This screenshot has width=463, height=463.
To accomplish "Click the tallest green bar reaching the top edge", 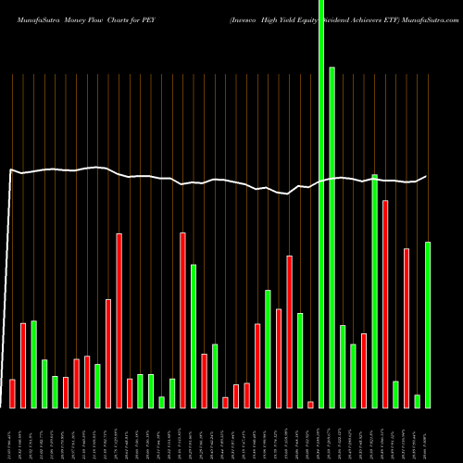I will [x=321, y=204].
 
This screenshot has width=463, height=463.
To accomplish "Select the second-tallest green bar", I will [x=332, y=236].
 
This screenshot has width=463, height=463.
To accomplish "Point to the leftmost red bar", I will [x=12, y=394].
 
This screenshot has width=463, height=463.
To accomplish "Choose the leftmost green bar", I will [x=33, y=364].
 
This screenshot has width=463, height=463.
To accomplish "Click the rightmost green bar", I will [x=428, y=324].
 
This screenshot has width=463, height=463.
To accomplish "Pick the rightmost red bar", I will [x=407, y=328].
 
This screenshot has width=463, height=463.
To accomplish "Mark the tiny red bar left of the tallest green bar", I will [x=311, y=404].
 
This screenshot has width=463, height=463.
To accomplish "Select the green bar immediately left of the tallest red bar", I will [x=375, y=291].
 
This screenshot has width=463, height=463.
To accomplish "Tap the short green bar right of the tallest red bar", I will [x=396, y=394].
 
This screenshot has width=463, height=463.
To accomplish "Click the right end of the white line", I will [x=426, y=176].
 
